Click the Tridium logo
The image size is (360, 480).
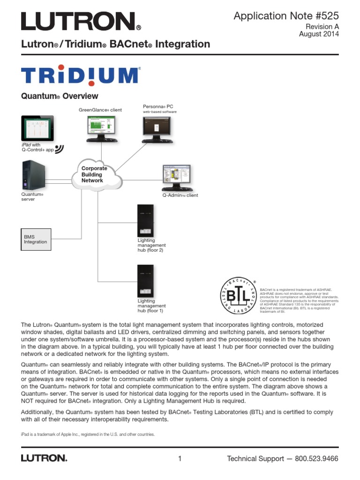coord(80,75)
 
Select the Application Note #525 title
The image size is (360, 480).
coord(286,16)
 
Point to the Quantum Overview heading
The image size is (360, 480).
coord(60,96)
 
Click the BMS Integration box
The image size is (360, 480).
coord(36,240)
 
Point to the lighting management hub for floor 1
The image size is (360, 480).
coord(145,281)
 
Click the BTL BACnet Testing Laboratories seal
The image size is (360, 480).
coord(239,296)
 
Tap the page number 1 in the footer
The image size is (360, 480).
coord(180,458)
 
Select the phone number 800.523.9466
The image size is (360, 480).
coord(316,458)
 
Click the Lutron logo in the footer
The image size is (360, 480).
coord(44,458)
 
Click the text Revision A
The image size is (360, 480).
coord(322,26)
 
